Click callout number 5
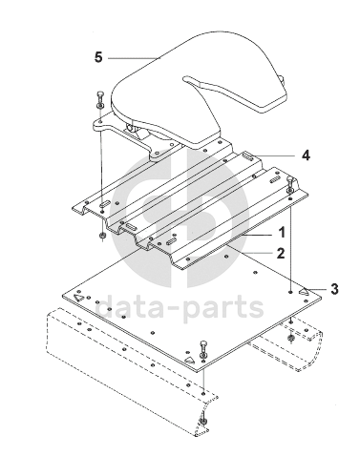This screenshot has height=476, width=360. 98,57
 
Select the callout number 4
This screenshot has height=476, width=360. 306,155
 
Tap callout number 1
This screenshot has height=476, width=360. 282,233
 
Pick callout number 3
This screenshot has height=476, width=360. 334,289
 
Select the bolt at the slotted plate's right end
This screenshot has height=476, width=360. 289,185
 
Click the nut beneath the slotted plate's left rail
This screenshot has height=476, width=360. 103,237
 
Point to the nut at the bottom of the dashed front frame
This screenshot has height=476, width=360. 202,422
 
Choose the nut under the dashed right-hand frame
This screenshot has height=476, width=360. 290,338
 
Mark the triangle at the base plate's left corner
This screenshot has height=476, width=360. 78,298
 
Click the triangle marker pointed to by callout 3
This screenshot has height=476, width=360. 304,291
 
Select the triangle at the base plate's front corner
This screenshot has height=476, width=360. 189,360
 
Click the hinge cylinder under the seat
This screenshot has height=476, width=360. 132,128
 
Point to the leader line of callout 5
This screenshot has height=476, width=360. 134,58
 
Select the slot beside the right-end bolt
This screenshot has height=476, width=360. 274,181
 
